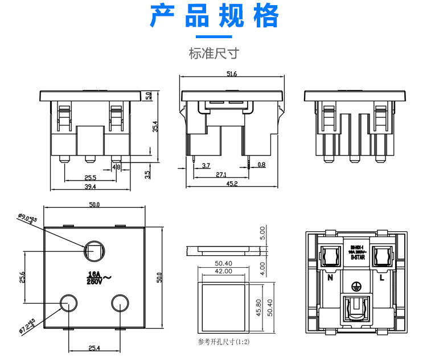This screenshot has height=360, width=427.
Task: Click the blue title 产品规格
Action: (x=214, y=17)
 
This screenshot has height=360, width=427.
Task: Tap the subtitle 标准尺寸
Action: (x=213, y=54)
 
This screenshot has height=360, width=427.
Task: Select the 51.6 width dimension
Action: (x=232, y=74)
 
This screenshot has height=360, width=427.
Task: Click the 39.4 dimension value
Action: (x=90, y=186)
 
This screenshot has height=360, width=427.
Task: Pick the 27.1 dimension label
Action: (x=221, y=175)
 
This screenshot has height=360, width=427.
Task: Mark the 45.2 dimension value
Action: (x=232, y=183)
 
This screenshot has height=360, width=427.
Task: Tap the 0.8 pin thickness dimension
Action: (x=261, y=165)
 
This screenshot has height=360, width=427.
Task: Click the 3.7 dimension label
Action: (x=206, y=165)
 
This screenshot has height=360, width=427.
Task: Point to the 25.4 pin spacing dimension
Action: (x=94, y=347)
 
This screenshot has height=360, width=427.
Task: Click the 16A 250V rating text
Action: (x=95, y=277)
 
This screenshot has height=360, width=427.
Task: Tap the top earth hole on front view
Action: (x=93, y=250)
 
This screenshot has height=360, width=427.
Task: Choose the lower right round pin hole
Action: (x=120, y=302)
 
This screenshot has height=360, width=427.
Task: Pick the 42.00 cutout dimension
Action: (x=224, y=272)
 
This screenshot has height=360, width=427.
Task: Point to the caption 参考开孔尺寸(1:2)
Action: (x=224, y=342)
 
